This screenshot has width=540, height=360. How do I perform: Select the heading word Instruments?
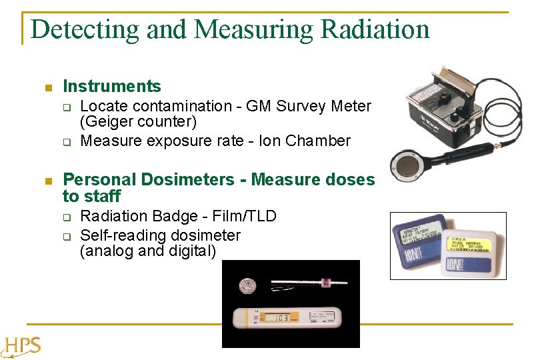pos(111,86)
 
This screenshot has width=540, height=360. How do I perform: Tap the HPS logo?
pos(21,346)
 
